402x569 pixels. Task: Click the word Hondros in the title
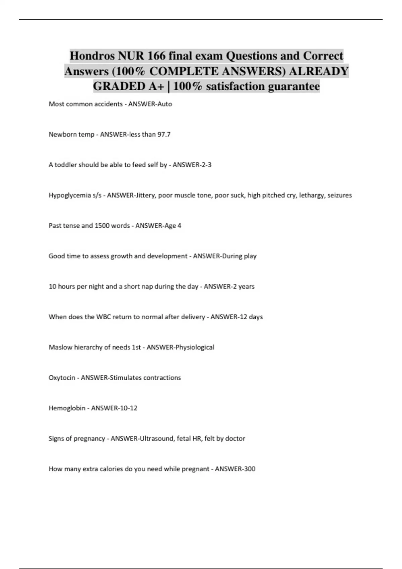(x=92, y=56)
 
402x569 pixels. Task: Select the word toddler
(x=65, y=165)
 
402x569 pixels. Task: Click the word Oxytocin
(x=62, y=378)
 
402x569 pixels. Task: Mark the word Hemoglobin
(x=67, y=408)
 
